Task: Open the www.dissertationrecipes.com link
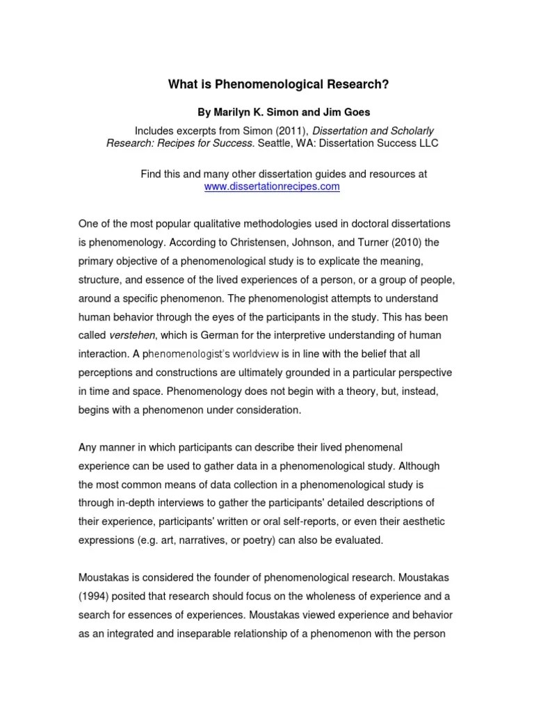click(x=272, y=186)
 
